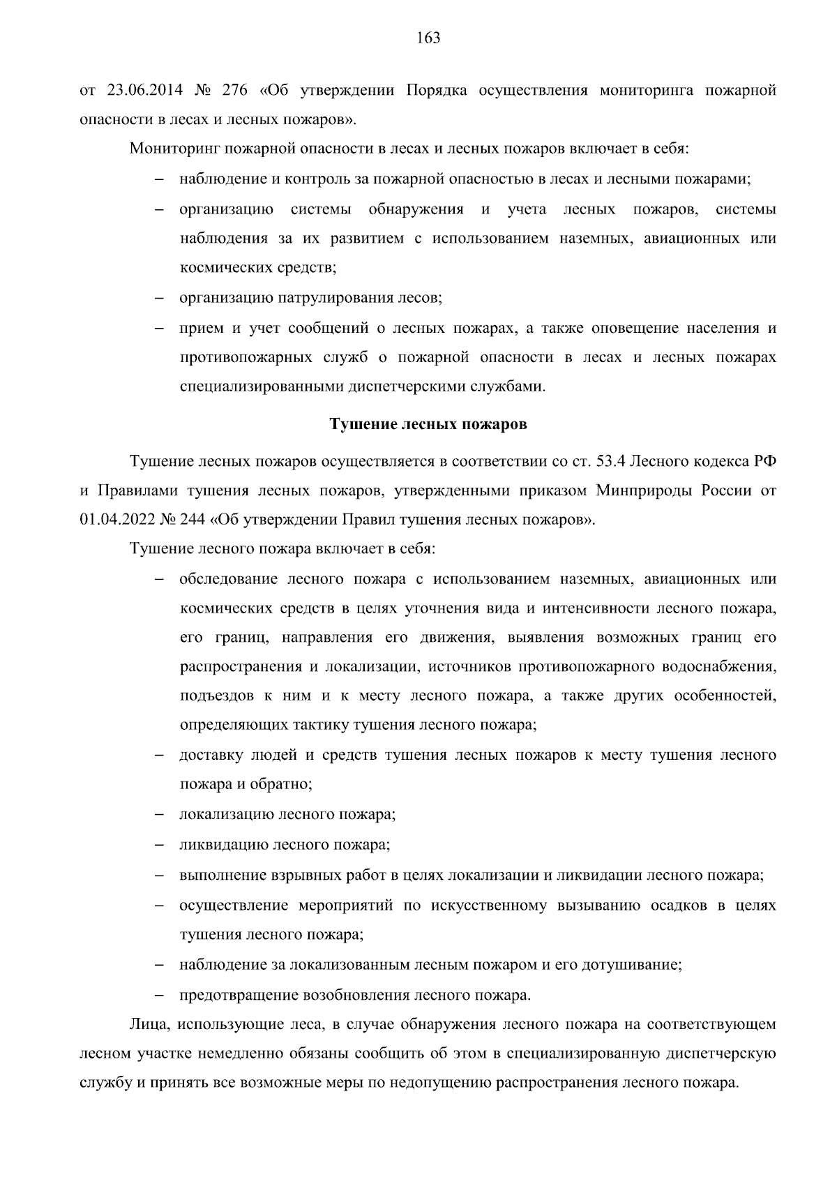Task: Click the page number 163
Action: pyautogui.click(x=428, y=38)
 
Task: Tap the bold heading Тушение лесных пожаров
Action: pyautogui.click(x=428, y=424)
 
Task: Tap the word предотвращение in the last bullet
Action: pyautogui.click(x=239, y=995)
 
